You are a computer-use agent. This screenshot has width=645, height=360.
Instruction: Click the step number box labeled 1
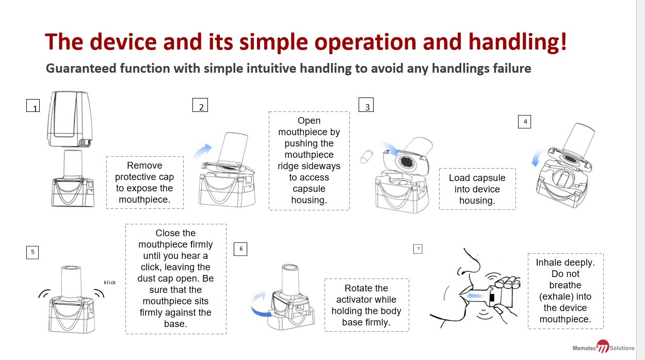(34, 105)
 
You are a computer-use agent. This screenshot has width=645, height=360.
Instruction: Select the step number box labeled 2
(200, 105)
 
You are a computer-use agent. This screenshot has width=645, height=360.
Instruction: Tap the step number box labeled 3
(366, 105)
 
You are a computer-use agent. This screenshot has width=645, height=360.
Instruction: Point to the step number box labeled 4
(524, 121)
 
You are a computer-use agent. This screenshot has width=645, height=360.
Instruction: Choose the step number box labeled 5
(33, 252)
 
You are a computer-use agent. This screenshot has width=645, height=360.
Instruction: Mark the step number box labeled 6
(240, 249)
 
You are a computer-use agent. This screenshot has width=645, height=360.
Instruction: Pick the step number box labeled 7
(418, 249)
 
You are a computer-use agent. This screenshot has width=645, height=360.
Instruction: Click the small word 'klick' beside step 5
(110, 282)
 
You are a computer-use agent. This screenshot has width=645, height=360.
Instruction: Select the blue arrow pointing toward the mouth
(477, 296)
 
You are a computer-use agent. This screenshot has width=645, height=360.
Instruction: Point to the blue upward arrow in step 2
(202, 152)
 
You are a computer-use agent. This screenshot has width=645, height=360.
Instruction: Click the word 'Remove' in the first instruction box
(144, 166)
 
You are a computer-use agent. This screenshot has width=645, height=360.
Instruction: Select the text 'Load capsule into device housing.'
(477, 189)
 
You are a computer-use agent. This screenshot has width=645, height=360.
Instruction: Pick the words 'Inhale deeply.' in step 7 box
(565, 263)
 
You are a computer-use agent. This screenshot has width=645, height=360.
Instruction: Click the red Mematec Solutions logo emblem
(602, 347)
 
